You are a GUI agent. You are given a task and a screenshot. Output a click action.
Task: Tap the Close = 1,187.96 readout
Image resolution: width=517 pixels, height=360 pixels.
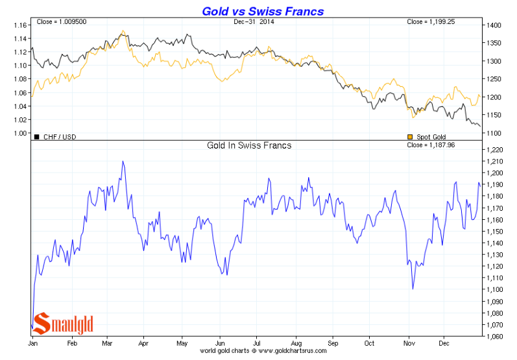448,146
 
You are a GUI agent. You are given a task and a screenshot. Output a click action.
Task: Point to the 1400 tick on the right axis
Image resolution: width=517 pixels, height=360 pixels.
494,25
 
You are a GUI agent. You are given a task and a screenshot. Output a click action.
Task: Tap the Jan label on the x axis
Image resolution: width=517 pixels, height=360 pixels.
32,342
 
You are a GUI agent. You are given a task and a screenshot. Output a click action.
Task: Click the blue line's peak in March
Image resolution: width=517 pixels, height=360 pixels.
123,162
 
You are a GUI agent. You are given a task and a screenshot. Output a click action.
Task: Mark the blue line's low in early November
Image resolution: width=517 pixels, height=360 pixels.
413,289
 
